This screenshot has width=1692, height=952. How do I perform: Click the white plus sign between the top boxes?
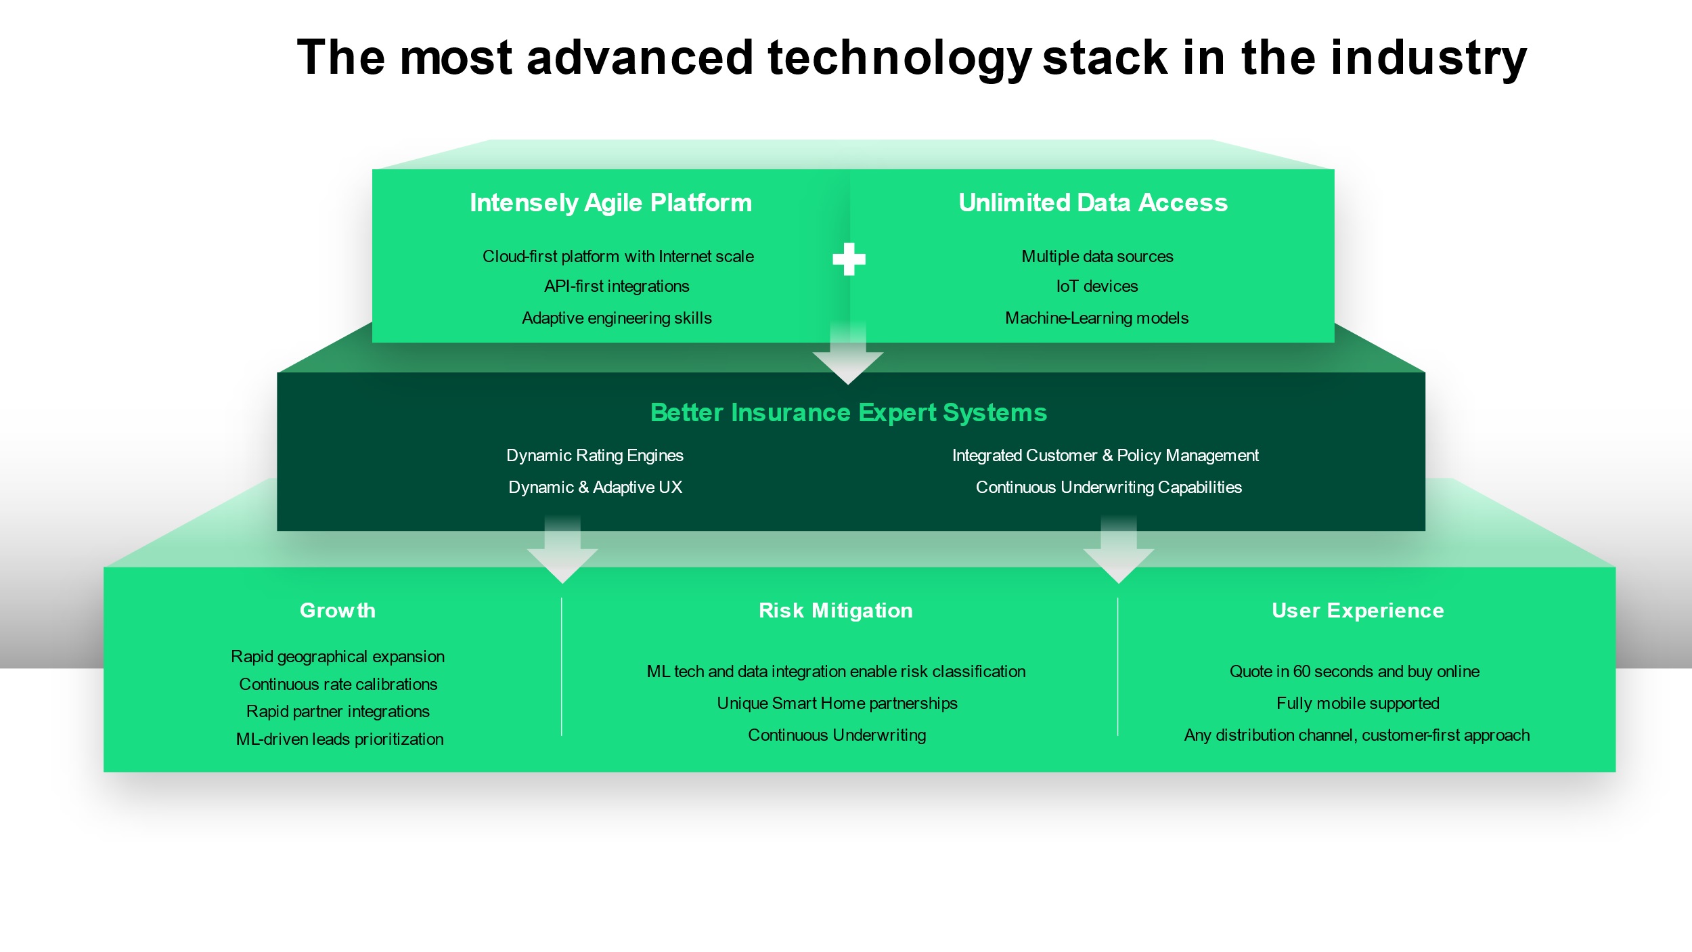[x=849, y=259]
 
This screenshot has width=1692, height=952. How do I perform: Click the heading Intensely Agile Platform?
[x=610, y=202]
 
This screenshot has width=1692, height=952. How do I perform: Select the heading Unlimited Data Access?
[x=1093, y=202]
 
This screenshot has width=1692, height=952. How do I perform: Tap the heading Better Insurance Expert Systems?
[x=848, y=412]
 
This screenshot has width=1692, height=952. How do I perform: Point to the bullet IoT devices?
[x=1096, y=286]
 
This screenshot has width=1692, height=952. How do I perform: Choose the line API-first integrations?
[x=617, y=286]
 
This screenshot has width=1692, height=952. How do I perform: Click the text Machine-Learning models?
[x=1096, y=318]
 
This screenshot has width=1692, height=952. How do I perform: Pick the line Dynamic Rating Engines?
[x=594, y=456]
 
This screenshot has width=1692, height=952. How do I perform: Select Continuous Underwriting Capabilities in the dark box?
[x=1108, y=488]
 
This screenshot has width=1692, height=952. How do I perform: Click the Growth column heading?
[x=337, y=611]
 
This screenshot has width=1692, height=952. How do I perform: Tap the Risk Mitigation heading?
[x=835, y=611]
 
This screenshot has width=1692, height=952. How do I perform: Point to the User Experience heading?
[x=1357, y=611]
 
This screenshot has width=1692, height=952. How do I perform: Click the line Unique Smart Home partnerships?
[x=837, y=704]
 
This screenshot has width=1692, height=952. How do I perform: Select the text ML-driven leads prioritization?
[x=339, y=739]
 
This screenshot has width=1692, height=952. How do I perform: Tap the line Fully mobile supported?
[x=1357, y=704]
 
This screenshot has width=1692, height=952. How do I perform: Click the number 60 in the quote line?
[x=1301, y=672]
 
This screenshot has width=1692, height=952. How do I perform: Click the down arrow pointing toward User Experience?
[x=1118, y=555]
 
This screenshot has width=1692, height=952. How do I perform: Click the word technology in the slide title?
[x=899, y=58]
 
